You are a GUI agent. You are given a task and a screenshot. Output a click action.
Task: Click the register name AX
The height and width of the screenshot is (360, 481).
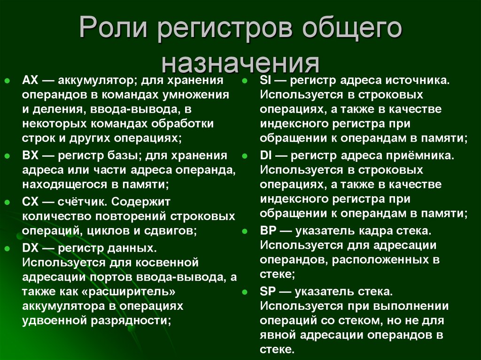(x=30, y=80)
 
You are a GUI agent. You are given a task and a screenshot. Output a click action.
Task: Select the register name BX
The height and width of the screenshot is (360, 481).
(x=30, y=155)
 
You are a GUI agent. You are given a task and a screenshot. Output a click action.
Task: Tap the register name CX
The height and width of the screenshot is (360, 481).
(x=30, y=202)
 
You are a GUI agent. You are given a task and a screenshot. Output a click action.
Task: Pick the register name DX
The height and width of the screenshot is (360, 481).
(x=30, y=247)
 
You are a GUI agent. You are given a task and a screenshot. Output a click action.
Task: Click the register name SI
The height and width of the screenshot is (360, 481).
(x=265, y=80)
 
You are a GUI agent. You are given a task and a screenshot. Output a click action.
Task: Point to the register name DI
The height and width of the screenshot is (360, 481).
(x=265, y=155)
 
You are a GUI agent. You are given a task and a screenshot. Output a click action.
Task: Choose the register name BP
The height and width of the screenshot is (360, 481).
(x=268, y=231)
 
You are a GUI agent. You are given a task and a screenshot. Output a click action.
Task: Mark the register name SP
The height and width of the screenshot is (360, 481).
(x=268, y=291)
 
